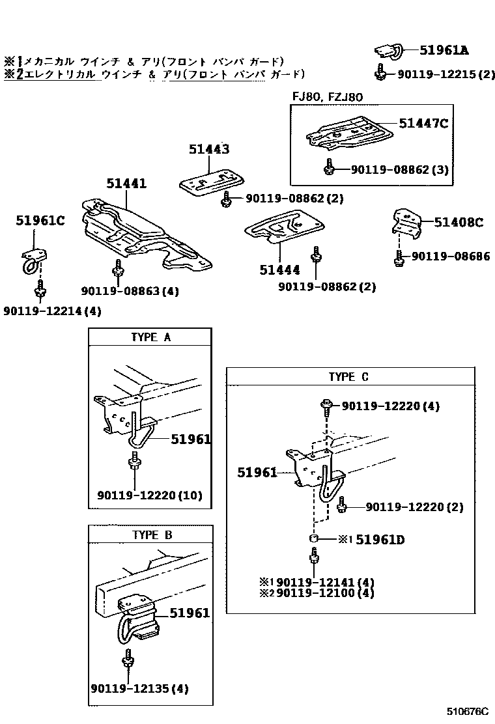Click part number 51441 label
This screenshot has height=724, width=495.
click(x=126, y=184)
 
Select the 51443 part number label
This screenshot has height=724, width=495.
click(x=209, y=149)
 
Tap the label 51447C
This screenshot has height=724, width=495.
click(x=423, y=123)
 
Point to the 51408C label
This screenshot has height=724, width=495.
click(x=459, y=223)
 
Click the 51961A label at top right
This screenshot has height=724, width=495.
click(x=444, y=49)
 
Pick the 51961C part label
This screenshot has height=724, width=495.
click(x=40, y=221)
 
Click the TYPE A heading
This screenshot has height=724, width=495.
click(x=150, y=337)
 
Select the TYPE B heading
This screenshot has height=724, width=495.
click(x=150, y=535)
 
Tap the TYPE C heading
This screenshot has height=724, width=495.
click(x=348, y=377)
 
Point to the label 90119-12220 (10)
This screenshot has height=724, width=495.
click(x=150, y=495)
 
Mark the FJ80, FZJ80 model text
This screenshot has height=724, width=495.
click(x=327, y=97)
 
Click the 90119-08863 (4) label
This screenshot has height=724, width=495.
click(x=130, y=291)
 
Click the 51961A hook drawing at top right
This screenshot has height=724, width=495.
click(x=388, y=51)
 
